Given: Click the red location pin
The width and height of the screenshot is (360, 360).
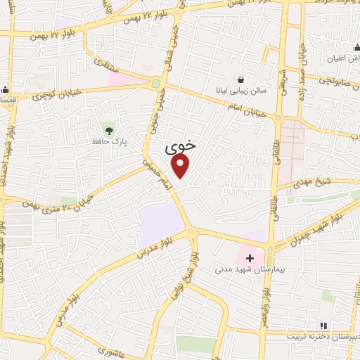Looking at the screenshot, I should [181, 165].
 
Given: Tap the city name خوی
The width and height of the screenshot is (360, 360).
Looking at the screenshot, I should [181, 148].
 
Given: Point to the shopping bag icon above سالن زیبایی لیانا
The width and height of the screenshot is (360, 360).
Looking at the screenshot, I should [242, 80].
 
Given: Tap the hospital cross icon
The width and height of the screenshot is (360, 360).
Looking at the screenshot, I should [250, 258].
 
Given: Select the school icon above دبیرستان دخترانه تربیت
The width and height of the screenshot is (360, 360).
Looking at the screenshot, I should [323, 325].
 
